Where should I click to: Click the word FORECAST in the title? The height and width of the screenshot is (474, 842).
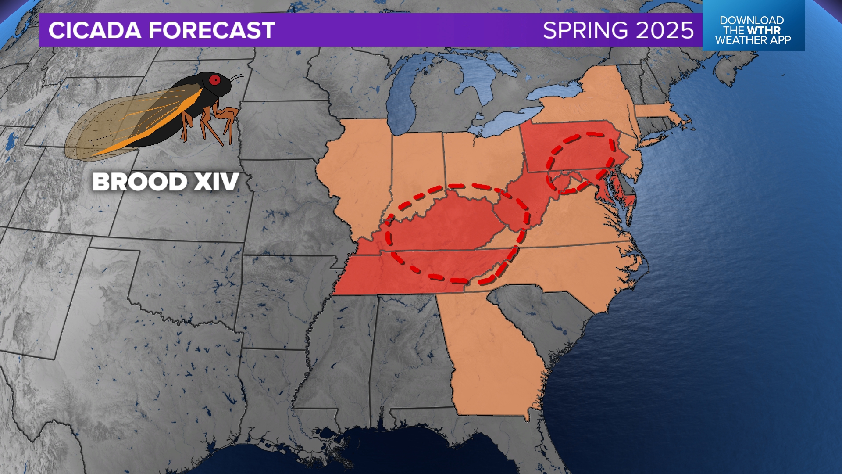click(211, 30)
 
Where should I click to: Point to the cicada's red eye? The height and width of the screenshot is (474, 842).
click(214, 80)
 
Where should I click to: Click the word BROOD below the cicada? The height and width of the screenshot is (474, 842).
click(139, 182)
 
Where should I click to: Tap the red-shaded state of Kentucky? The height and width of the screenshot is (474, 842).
click(452, 224)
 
